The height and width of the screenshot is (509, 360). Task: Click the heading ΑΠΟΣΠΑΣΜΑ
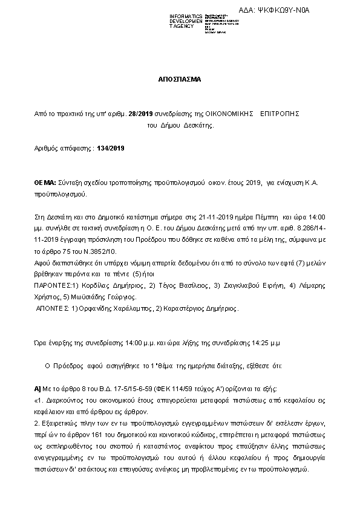click(180, 79)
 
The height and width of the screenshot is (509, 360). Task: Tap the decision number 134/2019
click(110, 148)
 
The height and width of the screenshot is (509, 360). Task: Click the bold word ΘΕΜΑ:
click(45, 182)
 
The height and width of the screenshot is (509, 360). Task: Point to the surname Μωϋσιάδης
click(94, 297)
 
